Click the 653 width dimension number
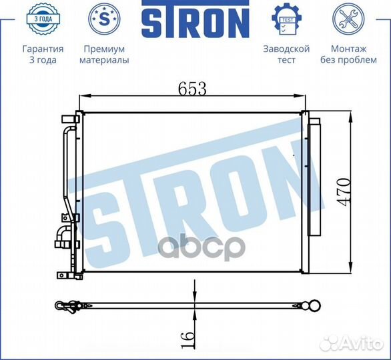tap(193, 89)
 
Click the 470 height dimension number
tap(345, 192)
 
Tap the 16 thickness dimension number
tap(187, 339)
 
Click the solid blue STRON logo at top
tap(195, 19)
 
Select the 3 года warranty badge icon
tap(43, 19)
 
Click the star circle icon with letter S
tap(104, 19)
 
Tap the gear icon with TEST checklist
tap(286, 19)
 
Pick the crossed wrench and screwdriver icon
tap(348, 19)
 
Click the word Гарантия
tap(43, 49)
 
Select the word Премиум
tap(104, 49)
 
